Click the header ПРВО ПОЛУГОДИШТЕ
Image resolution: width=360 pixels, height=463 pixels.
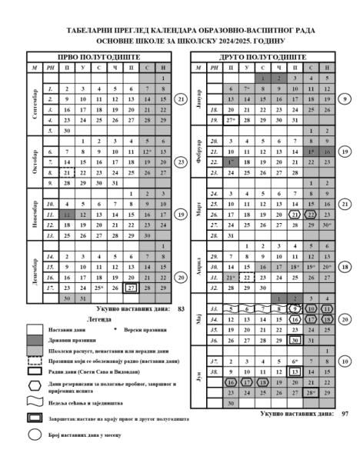[x=98, y=58]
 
